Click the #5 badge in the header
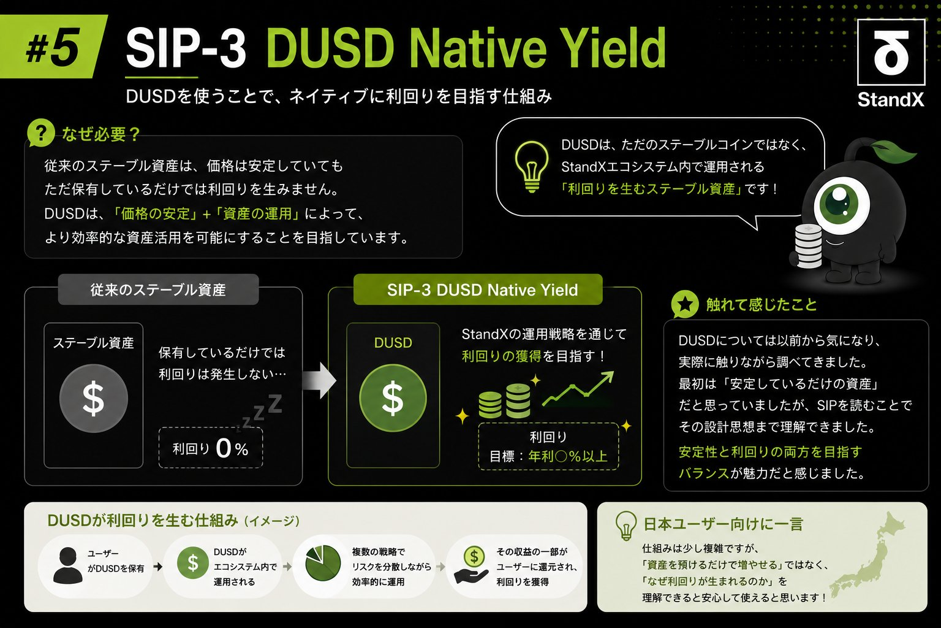coord(53,47)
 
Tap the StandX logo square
coord(891,52)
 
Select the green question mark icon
coord(41,133)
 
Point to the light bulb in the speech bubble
coord(532,167)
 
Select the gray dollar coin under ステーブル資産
coord(93,399)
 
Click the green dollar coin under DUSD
coord(393,398)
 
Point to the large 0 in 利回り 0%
coord(223,448)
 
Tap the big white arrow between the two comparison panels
coord(319,380)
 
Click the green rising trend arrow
coord(578,389)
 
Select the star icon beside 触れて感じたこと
coord(685,304)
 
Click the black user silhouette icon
coord(67,565)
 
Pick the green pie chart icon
coord(323,563)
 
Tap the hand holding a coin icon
coord(472,565)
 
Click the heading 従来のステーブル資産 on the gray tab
coord(158,290)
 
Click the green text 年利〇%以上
coord(568,456)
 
